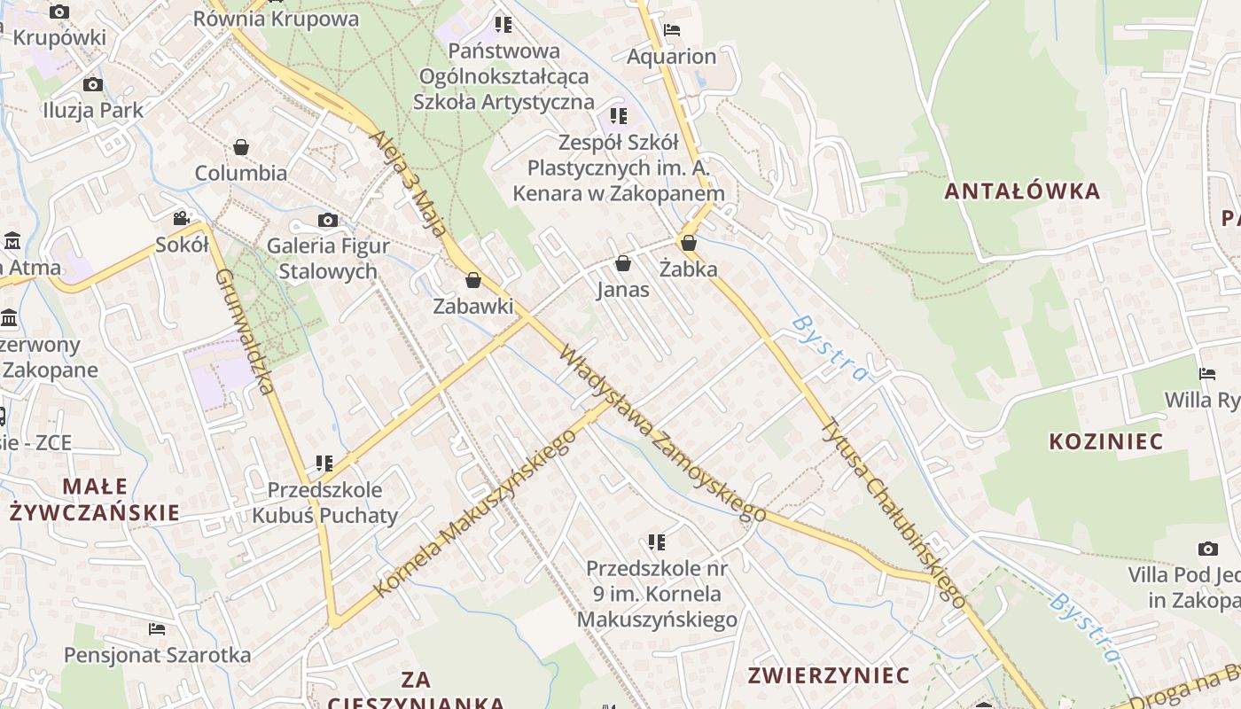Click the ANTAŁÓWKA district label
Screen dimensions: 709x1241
[x=1021, y=191]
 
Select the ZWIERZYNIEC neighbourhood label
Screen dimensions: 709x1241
[x=829, y=674]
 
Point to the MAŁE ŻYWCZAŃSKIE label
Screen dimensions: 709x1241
[x=95, y=499]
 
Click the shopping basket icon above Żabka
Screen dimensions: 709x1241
[x=689, y=242]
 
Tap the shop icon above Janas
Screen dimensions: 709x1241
[x=623, y=263]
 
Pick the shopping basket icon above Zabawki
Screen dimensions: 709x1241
[x=473, y=280]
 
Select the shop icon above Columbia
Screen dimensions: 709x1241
[x=241, y=146]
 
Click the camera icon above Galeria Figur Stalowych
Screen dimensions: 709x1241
[x=328, y=220]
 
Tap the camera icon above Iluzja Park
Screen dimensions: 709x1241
[x=92, y=85]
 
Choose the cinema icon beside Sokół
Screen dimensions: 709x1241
[x=182, y=218]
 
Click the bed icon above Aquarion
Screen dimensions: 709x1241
[x=672, y=30]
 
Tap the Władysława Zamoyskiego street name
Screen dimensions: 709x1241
[x=662, y=433]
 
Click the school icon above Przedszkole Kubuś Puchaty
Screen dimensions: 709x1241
[x=324, y=463]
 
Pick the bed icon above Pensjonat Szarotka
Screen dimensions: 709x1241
[x=157, y=629]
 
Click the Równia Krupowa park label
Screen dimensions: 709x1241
[x=276, y=19]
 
